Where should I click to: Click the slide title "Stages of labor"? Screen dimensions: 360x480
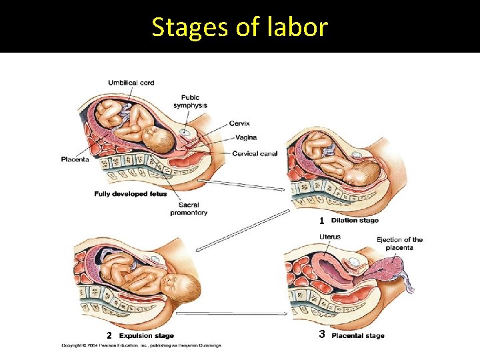(239, 27)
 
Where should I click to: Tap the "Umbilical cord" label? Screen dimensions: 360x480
(131, 83)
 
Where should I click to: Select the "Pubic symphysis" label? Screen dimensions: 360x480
(190, 101)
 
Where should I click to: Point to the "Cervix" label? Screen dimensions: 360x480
(239, 123)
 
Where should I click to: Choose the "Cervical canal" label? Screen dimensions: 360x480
(255, 153)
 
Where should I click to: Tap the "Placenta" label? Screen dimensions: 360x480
(75, 159)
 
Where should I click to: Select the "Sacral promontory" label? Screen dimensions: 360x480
(189, 209)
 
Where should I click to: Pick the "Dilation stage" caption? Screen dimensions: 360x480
(355, 221)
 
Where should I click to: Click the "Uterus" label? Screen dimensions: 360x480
(329, 237)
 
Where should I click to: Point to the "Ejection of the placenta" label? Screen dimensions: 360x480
(399, 243)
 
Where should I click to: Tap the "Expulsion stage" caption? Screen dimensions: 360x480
(146, 335)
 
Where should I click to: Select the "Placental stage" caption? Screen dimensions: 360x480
(358, 335)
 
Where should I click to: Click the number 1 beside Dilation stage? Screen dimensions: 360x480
(321, 221)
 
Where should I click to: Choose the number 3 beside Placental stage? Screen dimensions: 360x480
(321, 334)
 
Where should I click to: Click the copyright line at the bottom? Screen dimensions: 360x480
(141, 345)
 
